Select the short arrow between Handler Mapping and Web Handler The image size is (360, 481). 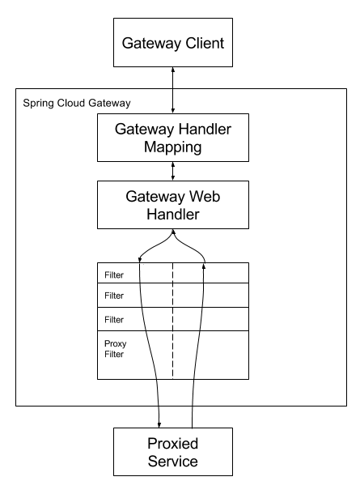[173, 170]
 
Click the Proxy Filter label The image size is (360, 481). [115, 348]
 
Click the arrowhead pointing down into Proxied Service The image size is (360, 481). [159, 422]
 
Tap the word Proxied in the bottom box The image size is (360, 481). [174, 445]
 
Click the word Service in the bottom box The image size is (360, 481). [174, 463]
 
